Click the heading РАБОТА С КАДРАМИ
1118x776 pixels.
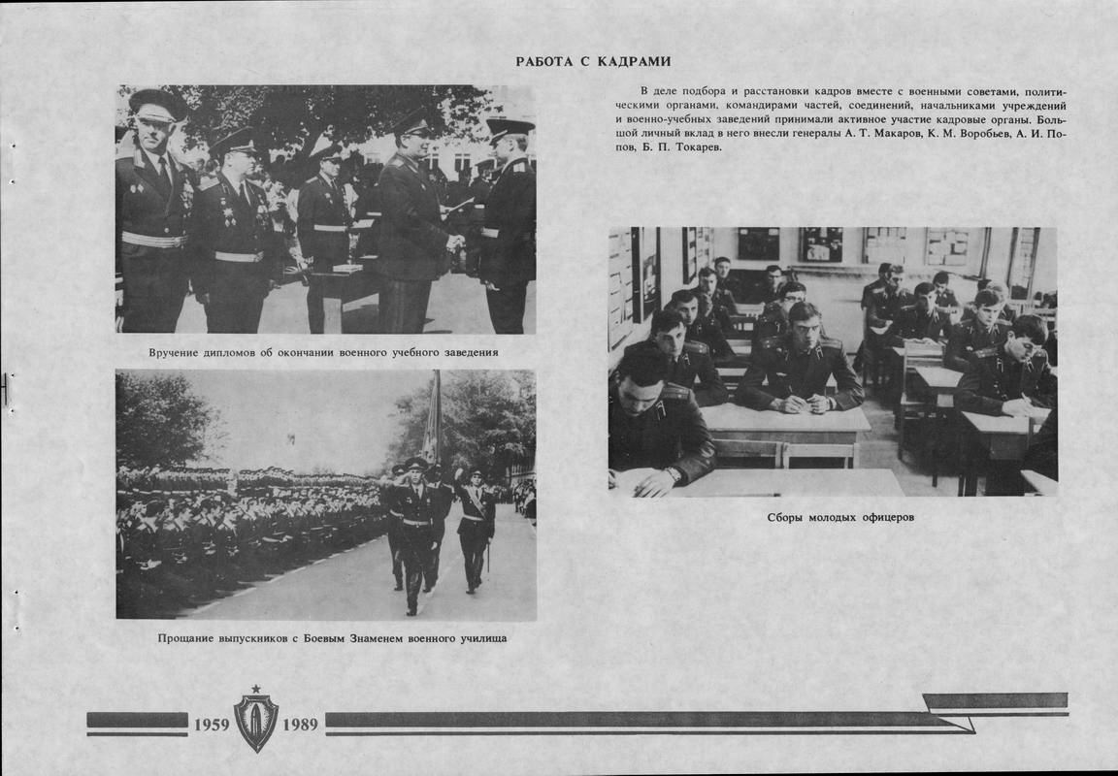click(593, 62)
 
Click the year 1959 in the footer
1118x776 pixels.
click(212, 725)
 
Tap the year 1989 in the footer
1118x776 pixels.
click(300, 725)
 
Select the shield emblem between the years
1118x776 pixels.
click(256, 719)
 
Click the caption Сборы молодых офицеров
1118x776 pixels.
click(840, 517)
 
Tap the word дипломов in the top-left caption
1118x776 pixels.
click(227, 352)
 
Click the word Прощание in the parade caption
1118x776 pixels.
click(183, 638)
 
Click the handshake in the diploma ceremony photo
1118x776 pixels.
click(454, 242)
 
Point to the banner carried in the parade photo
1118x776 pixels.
click(432, 417)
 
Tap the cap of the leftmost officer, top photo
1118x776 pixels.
click(156, 101)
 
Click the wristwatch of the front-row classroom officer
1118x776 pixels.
click(673, 474)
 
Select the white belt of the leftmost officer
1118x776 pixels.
click(152, 240)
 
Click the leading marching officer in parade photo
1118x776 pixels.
click(414, 524)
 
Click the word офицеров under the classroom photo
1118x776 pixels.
click(887, 517)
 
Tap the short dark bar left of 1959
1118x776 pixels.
click(137, 721)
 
